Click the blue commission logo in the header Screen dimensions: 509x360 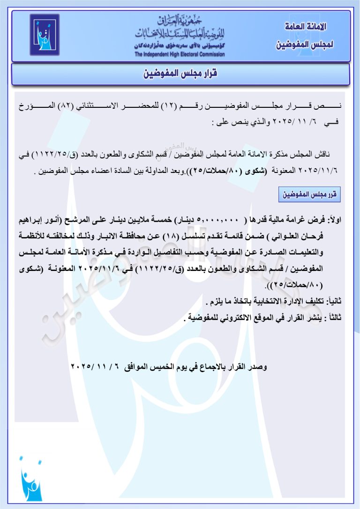pyautogui.click(x=45, y=35)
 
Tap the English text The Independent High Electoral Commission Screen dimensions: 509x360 pyautogui.click(x=180, y=54)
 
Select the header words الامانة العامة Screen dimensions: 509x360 pyautogui.click(x=305, y=27)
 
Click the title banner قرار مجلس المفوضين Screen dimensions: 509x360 pyautogui.click(x=180, y=74)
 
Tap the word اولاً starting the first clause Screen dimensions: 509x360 pyautogui.click(x=335, y=220)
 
